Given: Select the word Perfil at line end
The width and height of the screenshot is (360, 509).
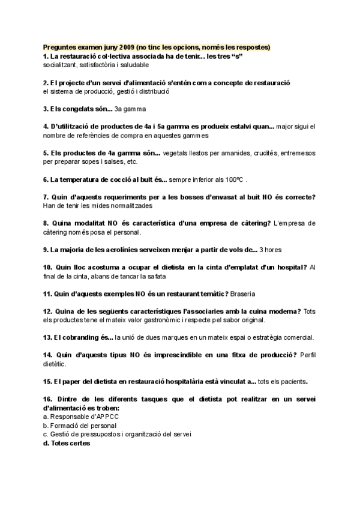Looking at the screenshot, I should (x=307, y=355).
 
